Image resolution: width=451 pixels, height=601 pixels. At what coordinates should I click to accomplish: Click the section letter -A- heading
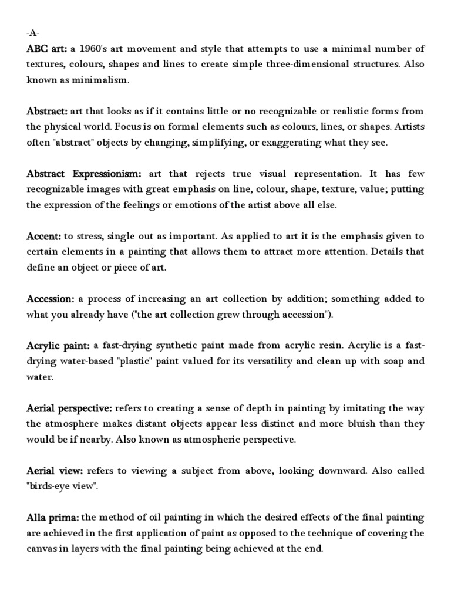click(33, 33)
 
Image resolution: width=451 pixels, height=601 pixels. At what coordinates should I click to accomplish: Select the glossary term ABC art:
click(46, 48)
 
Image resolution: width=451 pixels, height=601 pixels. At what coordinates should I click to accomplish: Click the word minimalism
click(103, 80)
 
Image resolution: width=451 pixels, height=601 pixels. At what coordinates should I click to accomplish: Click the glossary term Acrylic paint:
click(58, 346)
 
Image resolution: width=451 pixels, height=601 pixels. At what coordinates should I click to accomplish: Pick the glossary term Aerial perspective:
click(70, 408)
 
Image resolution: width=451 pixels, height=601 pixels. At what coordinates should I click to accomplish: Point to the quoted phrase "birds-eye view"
click(63, 487)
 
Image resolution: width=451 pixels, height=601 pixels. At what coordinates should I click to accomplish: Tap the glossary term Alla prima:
click(53, 518)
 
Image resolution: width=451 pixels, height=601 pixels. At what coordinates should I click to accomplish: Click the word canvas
click(42, 550)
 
